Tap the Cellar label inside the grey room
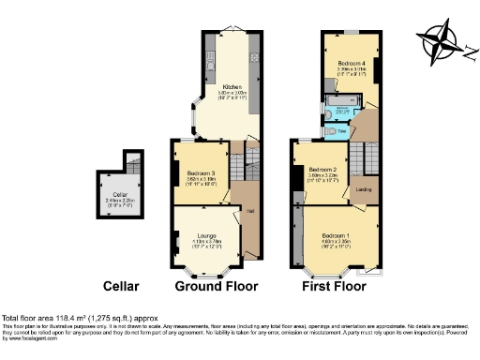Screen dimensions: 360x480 coord(119,194)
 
